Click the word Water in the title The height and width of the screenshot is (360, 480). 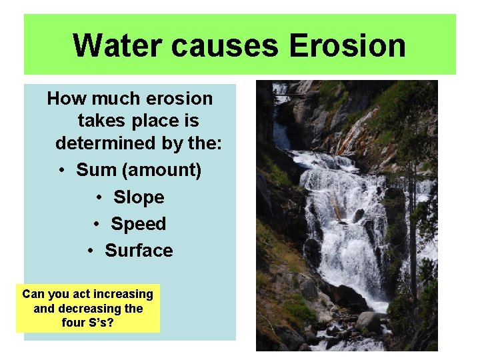pyautogui.click(x=117, y=46)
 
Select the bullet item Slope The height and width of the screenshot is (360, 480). pyautogui.click(x=139, y=197)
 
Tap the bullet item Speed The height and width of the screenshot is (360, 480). pyautogui.click(x=138, y=224)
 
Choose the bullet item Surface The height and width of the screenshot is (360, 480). pyautogui.click(x=139, y=251)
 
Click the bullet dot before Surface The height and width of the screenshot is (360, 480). pyautogui.click(x=91, y=251)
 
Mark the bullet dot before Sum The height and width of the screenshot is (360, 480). pyautogui.click(x=61, y=171)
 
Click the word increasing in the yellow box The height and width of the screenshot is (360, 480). pyautogui.click(x=123, y=294)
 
